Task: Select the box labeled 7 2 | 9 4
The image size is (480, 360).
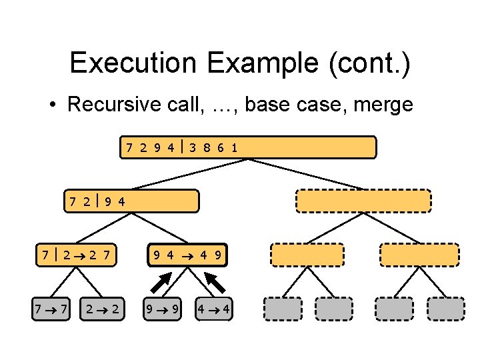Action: [132, 200]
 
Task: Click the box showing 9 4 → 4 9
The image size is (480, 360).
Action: [188, 254]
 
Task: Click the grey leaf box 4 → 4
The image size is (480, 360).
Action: [214, 308]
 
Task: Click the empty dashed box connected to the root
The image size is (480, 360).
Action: [363, 200]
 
